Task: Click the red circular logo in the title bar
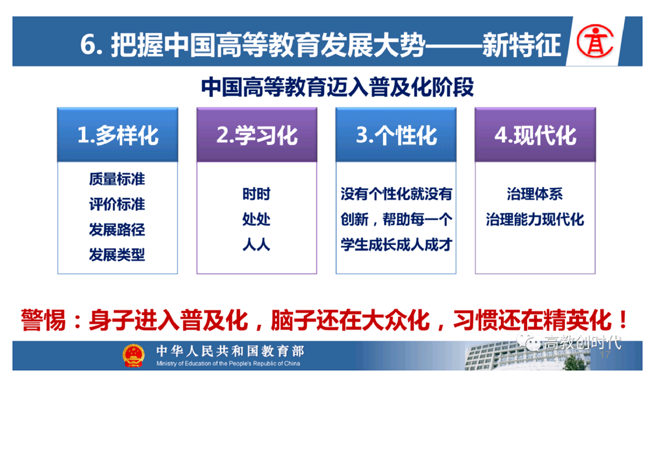pos(595,41)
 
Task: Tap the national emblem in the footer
pos(133,356)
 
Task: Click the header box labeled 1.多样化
pos(118,134)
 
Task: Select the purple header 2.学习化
pos(257,134)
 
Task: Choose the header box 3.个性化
pos(396,134)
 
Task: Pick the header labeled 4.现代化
pos(535,134)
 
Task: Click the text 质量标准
pos(117,179)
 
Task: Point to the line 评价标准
pos(117,204)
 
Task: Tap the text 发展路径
pos(117,229)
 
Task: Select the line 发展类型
pos(117,255)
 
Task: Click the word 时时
pos(256,194)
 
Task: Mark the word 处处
pos(256,219)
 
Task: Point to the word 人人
pos(256,244)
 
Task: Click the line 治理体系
pos(535,194)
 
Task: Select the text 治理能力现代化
pos(535,219)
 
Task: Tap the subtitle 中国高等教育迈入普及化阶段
pos(337,88)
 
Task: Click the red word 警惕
pos(43,321)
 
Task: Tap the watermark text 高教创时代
pos(582,342)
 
